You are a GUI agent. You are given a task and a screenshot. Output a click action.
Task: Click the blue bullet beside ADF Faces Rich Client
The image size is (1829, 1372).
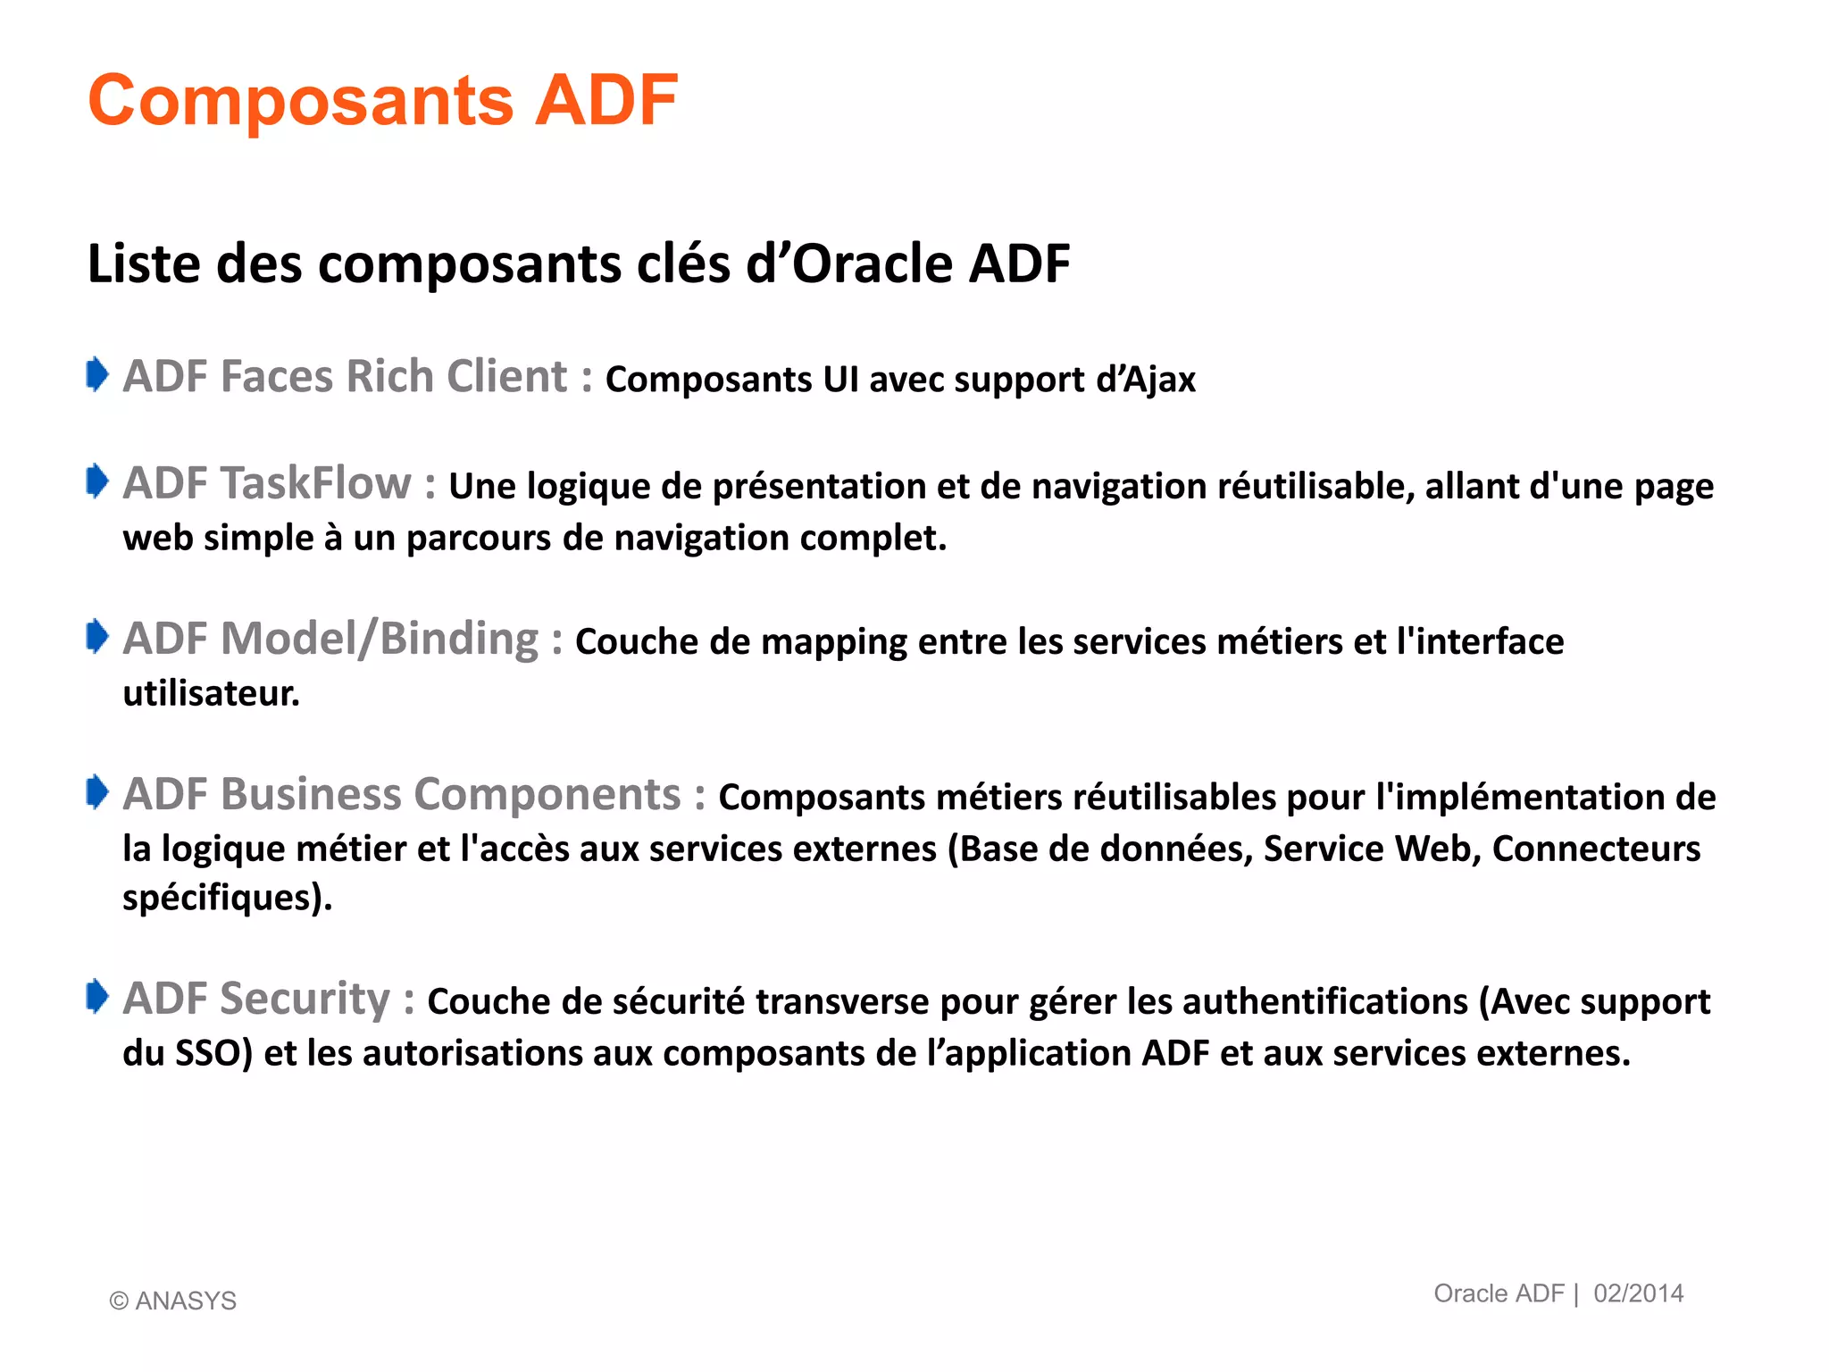tap(96, 374)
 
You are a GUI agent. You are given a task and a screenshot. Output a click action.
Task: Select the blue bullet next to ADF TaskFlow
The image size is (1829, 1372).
tap(96, 481)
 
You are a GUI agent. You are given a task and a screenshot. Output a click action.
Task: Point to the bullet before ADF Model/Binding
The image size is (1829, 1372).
tap(96, 637)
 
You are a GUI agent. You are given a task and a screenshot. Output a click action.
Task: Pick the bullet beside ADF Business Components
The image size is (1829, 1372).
tap(96, 792)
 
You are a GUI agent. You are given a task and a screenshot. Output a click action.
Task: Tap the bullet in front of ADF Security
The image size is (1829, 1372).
tap(96, 997)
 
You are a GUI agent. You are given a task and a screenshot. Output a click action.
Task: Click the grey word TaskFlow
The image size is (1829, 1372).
tap(316, 483)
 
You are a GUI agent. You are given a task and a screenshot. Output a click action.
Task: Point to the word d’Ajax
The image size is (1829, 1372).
tap(1146, 380)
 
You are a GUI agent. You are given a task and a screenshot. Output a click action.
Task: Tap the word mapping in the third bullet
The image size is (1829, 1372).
tap(834, 642)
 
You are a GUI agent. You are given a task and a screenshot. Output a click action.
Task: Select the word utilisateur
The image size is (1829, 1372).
tap(211, 694)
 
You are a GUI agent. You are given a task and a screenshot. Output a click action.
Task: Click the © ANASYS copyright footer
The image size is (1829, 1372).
tap(172, 1301)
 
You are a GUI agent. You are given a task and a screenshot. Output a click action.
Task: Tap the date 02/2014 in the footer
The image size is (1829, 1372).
tap(1638, 1293)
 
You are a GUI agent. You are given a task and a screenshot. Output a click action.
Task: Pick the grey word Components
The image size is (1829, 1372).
tap(547, 795)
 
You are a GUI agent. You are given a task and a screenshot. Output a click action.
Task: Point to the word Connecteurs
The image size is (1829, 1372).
tap(1596, 849)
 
